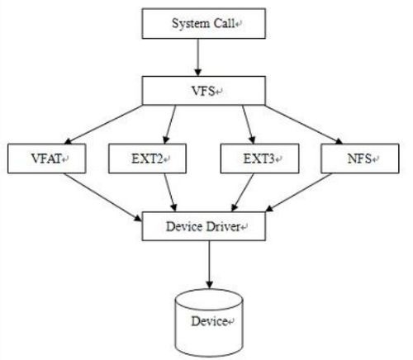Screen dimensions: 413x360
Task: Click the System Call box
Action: point(204,23)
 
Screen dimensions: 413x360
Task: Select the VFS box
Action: point(204,91)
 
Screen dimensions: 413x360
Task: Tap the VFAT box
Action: point(47,159)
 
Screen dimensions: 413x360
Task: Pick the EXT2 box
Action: point(147,159)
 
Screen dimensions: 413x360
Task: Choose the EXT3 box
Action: point(259,159)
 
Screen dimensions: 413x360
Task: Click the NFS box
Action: point(360,159)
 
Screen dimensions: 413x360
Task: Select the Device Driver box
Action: point(204,226)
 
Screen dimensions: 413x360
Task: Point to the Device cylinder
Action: point(209,322)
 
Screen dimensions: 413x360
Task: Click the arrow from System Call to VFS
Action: point(198,57)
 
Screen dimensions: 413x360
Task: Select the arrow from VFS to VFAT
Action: point(103,125)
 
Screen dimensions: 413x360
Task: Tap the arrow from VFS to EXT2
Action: point(169,125)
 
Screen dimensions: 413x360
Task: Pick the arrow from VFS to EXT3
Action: point(249,125)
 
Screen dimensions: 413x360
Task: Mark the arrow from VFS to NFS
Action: point(304,125)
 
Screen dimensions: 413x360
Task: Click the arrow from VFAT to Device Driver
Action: point(102,197)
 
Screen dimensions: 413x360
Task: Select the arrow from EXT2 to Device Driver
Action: point(170,192)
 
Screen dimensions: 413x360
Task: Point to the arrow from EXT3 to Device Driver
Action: point(242,192)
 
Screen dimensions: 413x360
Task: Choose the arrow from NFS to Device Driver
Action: point(298,192)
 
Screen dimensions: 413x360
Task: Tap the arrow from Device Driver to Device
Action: point(209,264)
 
